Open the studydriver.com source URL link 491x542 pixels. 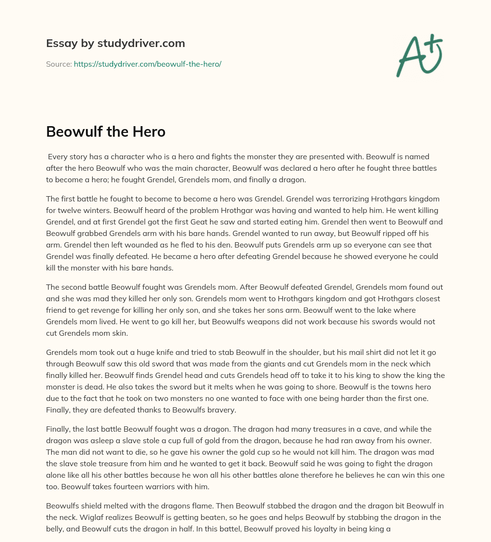click(x=147, y=64)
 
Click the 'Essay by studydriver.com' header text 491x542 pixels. click(x=115, y=43)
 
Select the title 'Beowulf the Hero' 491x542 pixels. click(x=105, y=131)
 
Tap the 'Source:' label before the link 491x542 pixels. click(x=58, y=64)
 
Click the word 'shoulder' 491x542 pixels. click(x=283, y=352)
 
